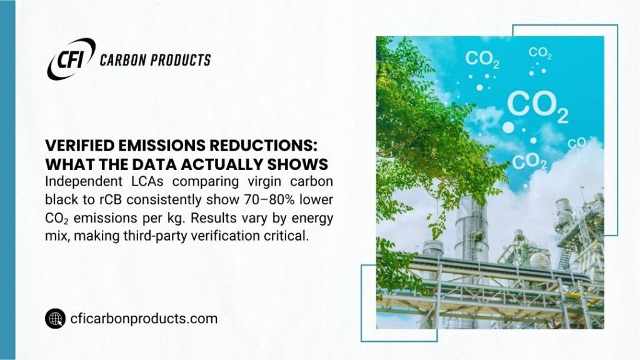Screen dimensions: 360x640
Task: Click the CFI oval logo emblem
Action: click(71, 59)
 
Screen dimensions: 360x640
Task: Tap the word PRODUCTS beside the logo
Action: click(182, 60)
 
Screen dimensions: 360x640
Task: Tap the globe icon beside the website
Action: click(55, 319)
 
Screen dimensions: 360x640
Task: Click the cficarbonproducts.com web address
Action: click(144, 319)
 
